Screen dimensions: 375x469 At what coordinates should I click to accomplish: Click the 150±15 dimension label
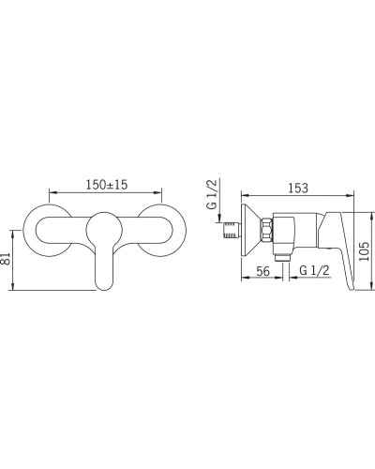(107, 185)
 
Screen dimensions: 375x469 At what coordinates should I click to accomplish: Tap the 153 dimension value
(298, 189)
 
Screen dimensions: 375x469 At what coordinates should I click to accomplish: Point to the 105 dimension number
(364, 251)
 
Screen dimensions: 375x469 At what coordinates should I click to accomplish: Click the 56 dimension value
(262, 271)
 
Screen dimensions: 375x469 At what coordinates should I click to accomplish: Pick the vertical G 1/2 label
(212, 194)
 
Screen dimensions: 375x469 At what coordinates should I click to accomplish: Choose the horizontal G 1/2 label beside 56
(314, 270)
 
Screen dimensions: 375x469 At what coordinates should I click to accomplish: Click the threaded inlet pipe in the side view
(232, 230)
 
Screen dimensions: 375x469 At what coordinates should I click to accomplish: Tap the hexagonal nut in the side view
(266, 230)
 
